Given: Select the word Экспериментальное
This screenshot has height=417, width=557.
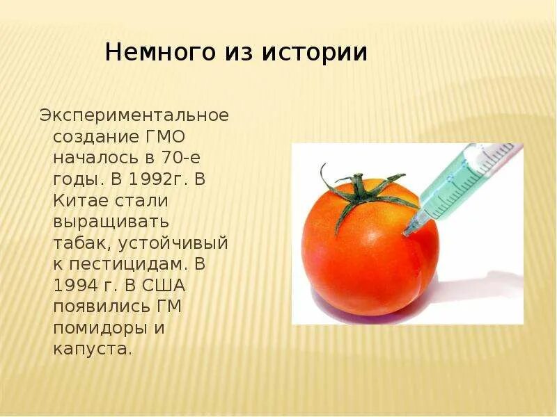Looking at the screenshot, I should [x=134, y=114].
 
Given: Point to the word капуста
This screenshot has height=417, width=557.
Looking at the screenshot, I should [x=93, y=350].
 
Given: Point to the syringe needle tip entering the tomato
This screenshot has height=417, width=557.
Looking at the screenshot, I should [x=407, y=232].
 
